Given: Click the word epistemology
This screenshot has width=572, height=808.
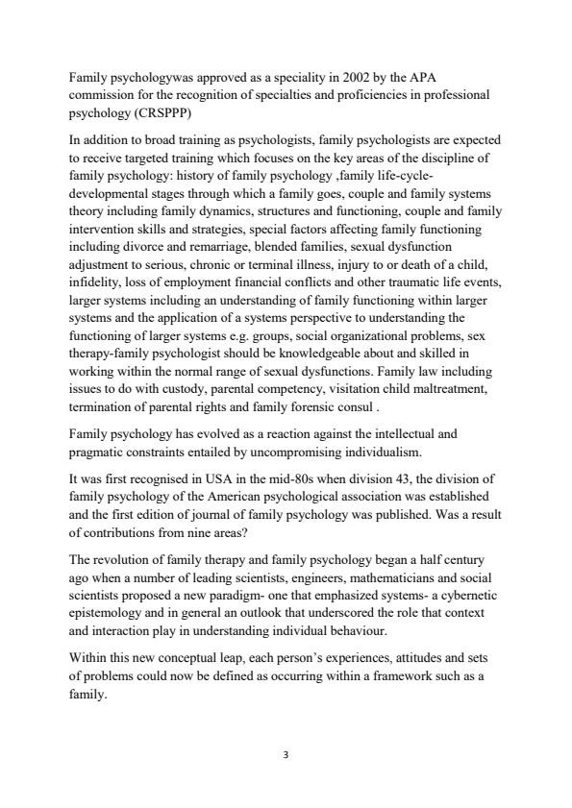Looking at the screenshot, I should coord(109,613).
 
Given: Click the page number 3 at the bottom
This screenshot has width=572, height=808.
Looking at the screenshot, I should coord(286,756).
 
